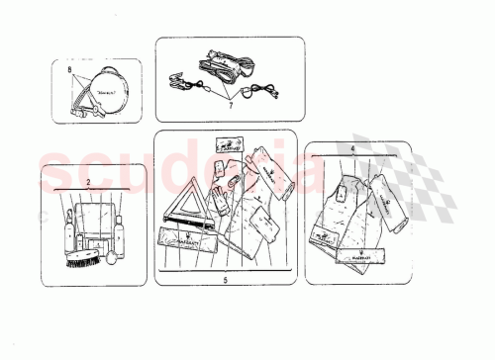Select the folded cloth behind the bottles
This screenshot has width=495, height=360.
click(x=96, y=213)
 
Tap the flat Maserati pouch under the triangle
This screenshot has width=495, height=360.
click(x=185, y=239)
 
